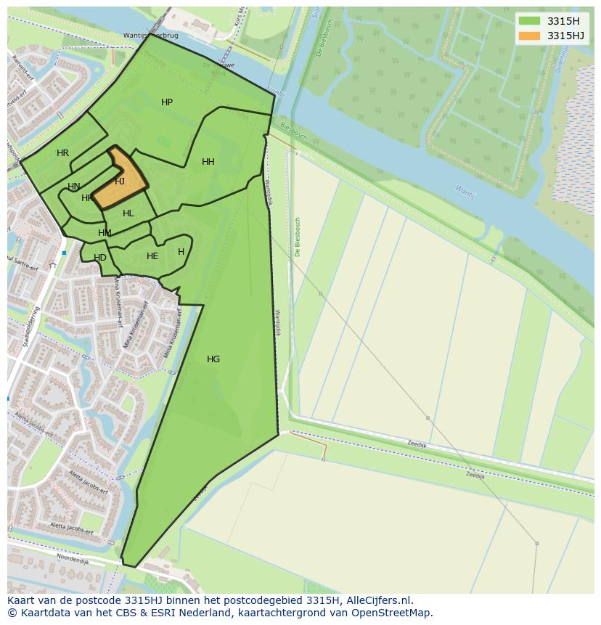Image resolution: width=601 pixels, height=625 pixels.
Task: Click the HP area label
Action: coord(167,102)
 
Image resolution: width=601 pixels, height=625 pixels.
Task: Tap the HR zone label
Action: coord(62,153)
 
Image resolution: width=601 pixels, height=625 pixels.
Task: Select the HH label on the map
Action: coord(208,162)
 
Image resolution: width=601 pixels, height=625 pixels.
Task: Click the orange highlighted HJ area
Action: coord(120,181)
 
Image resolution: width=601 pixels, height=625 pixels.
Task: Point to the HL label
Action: coord(128,213)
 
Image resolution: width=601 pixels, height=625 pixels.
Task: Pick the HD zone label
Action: coord(100,258)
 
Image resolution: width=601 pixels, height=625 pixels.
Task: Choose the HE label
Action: coord(152,256)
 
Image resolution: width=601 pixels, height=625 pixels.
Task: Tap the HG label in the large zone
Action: coord(213,359)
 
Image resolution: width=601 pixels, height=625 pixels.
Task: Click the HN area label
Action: coord(73,187)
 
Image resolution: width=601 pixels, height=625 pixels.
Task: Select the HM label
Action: coord(105,233)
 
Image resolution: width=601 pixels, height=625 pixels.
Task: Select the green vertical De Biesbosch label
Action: coord(298,237)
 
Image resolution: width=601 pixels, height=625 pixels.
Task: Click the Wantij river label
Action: coord(465,192)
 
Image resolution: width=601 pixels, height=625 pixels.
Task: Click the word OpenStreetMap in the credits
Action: coord(394,613)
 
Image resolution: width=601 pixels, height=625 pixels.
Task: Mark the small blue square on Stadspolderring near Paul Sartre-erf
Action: coord(64,253)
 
